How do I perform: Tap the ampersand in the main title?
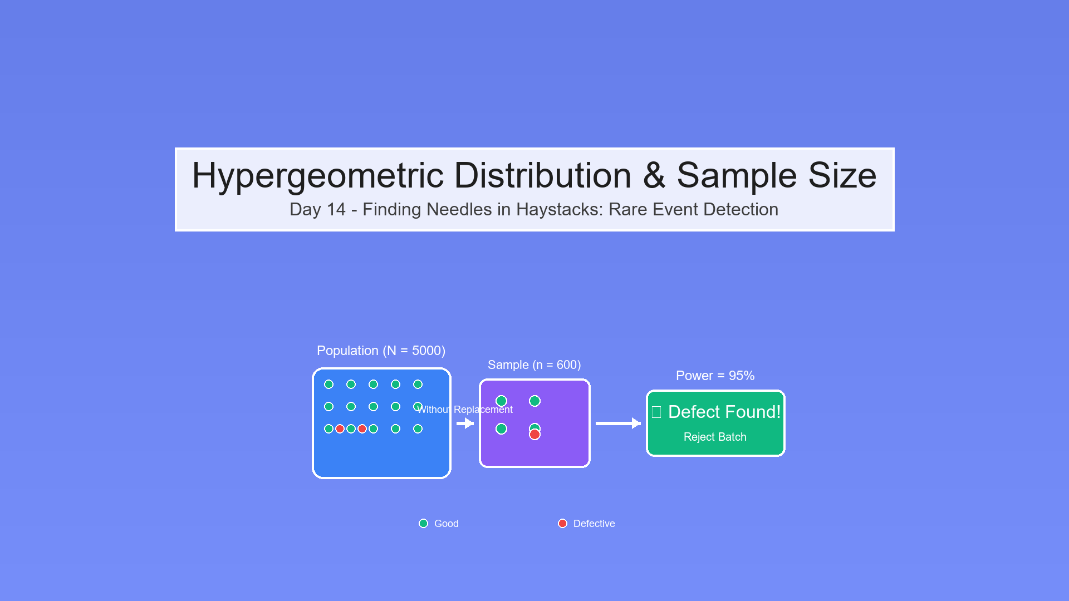point(654,176)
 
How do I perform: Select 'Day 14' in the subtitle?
point(317,210)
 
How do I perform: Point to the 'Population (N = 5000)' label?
point(381,351)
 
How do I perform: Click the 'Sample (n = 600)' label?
point(534,365)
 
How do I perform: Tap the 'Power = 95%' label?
point(715,376)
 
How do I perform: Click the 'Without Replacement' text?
point(464,410)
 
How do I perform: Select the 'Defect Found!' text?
point(724,412)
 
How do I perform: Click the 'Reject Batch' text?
point(715,437)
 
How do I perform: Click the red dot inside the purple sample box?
point(534,435)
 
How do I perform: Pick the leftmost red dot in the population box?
point(340,428)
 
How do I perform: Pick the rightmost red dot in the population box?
point(362,428)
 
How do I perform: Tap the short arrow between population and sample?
point(465,423)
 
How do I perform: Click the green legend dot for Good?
point(423,524)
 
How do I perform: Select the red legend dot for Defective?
point(562,524)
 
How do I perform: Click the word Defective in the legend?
point(594,524)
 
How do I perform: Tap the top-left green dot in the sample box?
point(501,401)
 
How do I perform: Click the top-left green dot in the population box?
point(328,384)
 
